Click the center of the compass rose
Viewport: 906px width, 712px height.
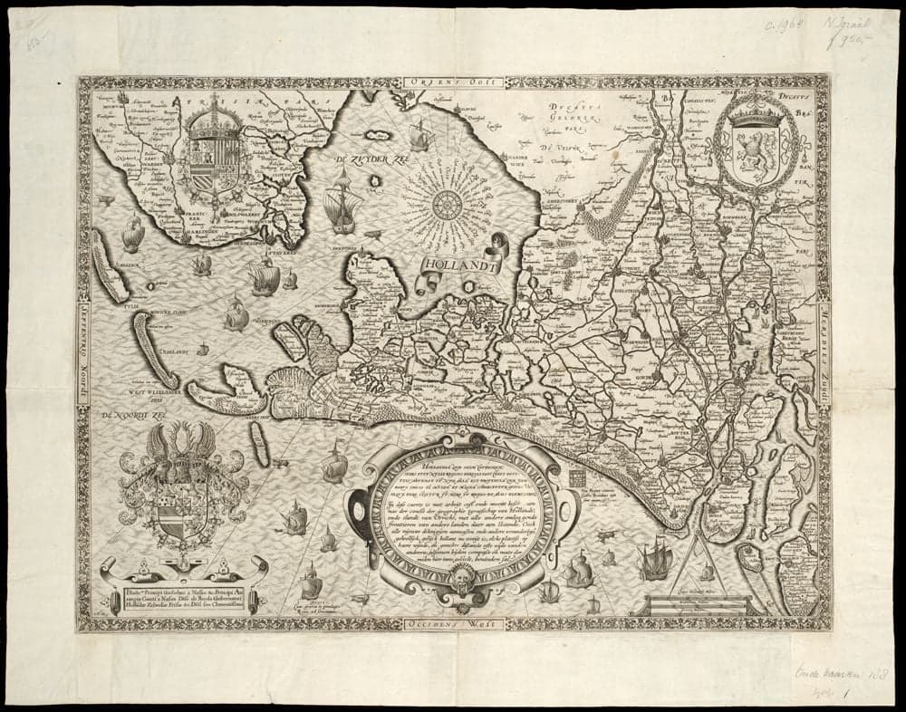tap(447, 205)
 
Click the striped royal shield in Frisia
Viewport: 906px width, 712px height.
tap(215, 154)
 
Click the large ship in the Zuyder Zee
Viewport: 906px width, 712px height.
tap(342, 201)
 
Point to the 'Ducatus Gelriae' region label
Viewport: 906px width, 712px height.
tap(580, 113)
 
